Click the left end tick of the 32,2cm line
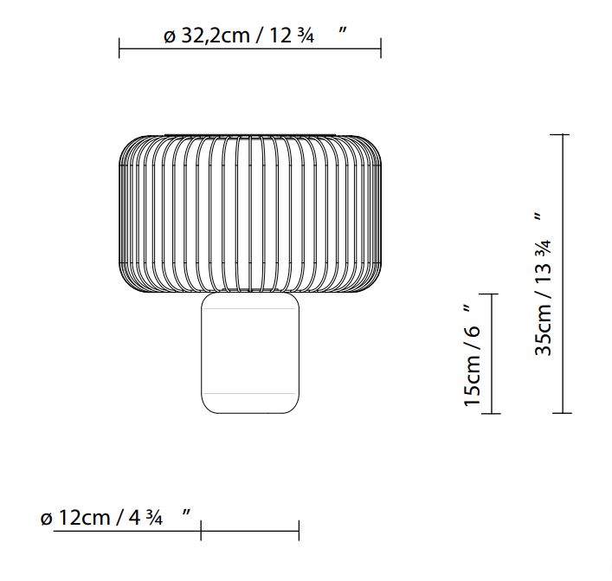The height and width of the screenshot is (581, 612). pos(119,48)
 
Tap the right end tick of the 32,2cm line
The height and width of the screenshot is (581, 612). pos(381,48)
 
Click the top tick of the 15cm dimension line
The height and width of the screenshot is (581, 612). pos(490,294)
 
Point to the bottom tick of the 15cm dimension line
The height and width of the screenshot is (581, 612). pos(490,413)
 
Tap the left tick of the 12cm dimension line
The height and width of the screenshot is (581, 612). pos(201,530)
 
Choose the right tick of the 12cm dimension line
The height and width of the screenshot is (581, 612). pos(299,530)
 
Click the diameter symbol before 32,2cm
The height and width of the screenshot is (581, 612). pos(169,37)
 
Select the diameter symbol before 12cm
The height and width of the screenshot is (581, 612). pos(46,518)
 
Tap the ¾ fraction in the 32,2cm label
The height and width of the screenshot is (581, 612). pos(304,36)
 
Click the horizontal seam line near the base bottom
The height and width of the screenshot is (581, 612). pos(250,394)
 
